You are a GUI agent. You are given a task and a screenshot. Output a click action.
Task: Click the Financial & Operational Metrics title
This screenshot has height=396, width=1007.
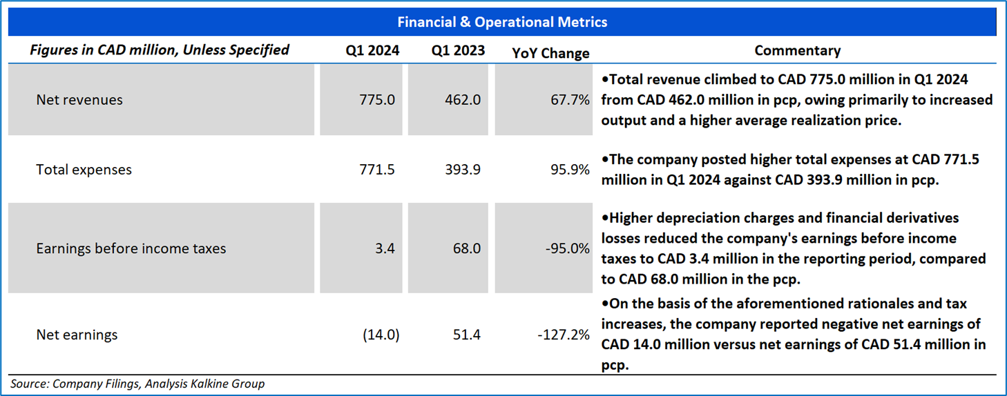tap(502, 22)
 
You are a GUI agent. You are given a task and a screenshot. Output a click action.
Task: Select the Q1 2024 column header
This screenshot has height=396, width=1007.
tap(372, 50)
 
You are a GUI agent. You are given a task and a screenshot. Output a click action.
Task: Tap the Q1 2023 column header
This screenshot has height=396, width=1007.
tap(458, 50)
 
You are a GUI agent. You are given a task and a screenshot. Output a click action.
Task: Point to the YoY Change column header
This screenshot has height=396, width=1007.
tap(550, 53)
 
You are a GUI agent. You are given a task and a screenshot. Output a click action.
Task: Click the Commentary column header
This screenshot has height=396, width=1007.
tap(797, 50)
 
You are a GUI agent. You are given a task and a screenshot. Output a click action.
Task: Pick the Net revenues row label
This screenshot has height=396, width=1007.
tap(79, 100)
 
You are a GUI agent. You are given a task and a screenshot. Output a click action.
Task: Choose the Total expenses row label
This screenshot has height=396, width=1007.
tap(84, 170)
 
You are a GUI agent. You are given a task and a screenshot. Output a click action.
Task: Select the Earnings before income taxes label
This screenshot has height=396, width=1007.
tap(131, 248)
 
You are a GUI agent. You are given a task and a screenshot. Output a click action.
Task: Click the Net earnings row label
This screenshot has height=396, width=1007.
tap(77, 335)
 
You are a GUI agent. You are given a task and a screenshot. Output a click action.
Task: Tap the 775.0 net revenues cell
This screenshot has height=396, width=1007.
tap(377, 100)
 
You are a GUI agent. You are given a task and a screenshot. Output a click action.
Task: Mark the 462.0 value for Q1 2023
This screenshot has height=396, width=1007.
tap(463, 100)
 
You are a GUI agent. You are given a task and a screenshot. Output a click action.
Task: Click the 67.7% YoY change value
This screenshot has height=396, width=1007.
tap(570, 100)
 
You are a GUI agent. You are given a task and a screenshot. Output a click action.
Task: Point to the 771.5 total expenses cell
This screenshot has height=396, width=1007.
tap(377, 170)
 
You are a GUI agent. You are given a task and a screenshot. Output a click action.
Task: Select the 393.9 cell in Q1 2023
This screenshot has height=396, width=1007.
tap(463, 170)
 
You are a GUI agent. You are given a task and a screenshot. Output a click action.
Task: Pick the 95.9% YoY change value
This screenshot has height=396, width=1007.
tap(570, 170)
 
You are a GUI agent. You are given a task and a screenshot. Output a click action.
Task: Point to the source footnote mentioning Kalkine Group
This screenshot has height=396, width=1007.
tap(137, 384)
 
